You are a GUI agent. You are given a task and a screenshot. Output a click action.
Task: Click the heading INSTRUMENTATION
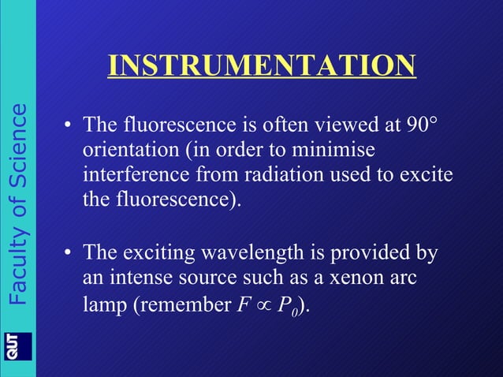tap(262, 65)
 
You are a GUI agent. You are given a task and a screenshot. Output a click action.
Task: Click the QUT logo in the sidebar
tap(18, 346)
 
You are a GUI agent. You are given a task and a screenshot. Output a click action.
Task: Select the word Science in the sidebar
tap(17, 147)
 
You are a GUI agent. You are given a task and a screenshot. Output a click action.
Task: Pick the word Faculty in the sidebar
tap(17, 265)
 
